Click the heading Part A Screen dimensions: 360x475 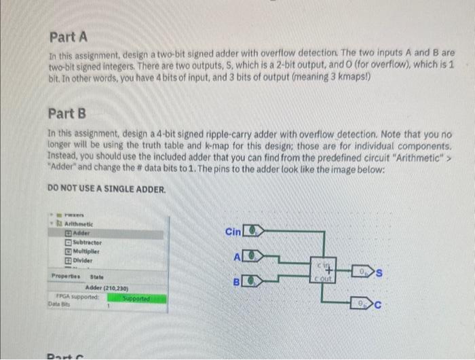(69, 37)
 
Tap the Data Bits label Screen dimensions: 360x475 (60, 306)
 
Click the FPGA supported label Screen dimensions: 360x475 (76, 298)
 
